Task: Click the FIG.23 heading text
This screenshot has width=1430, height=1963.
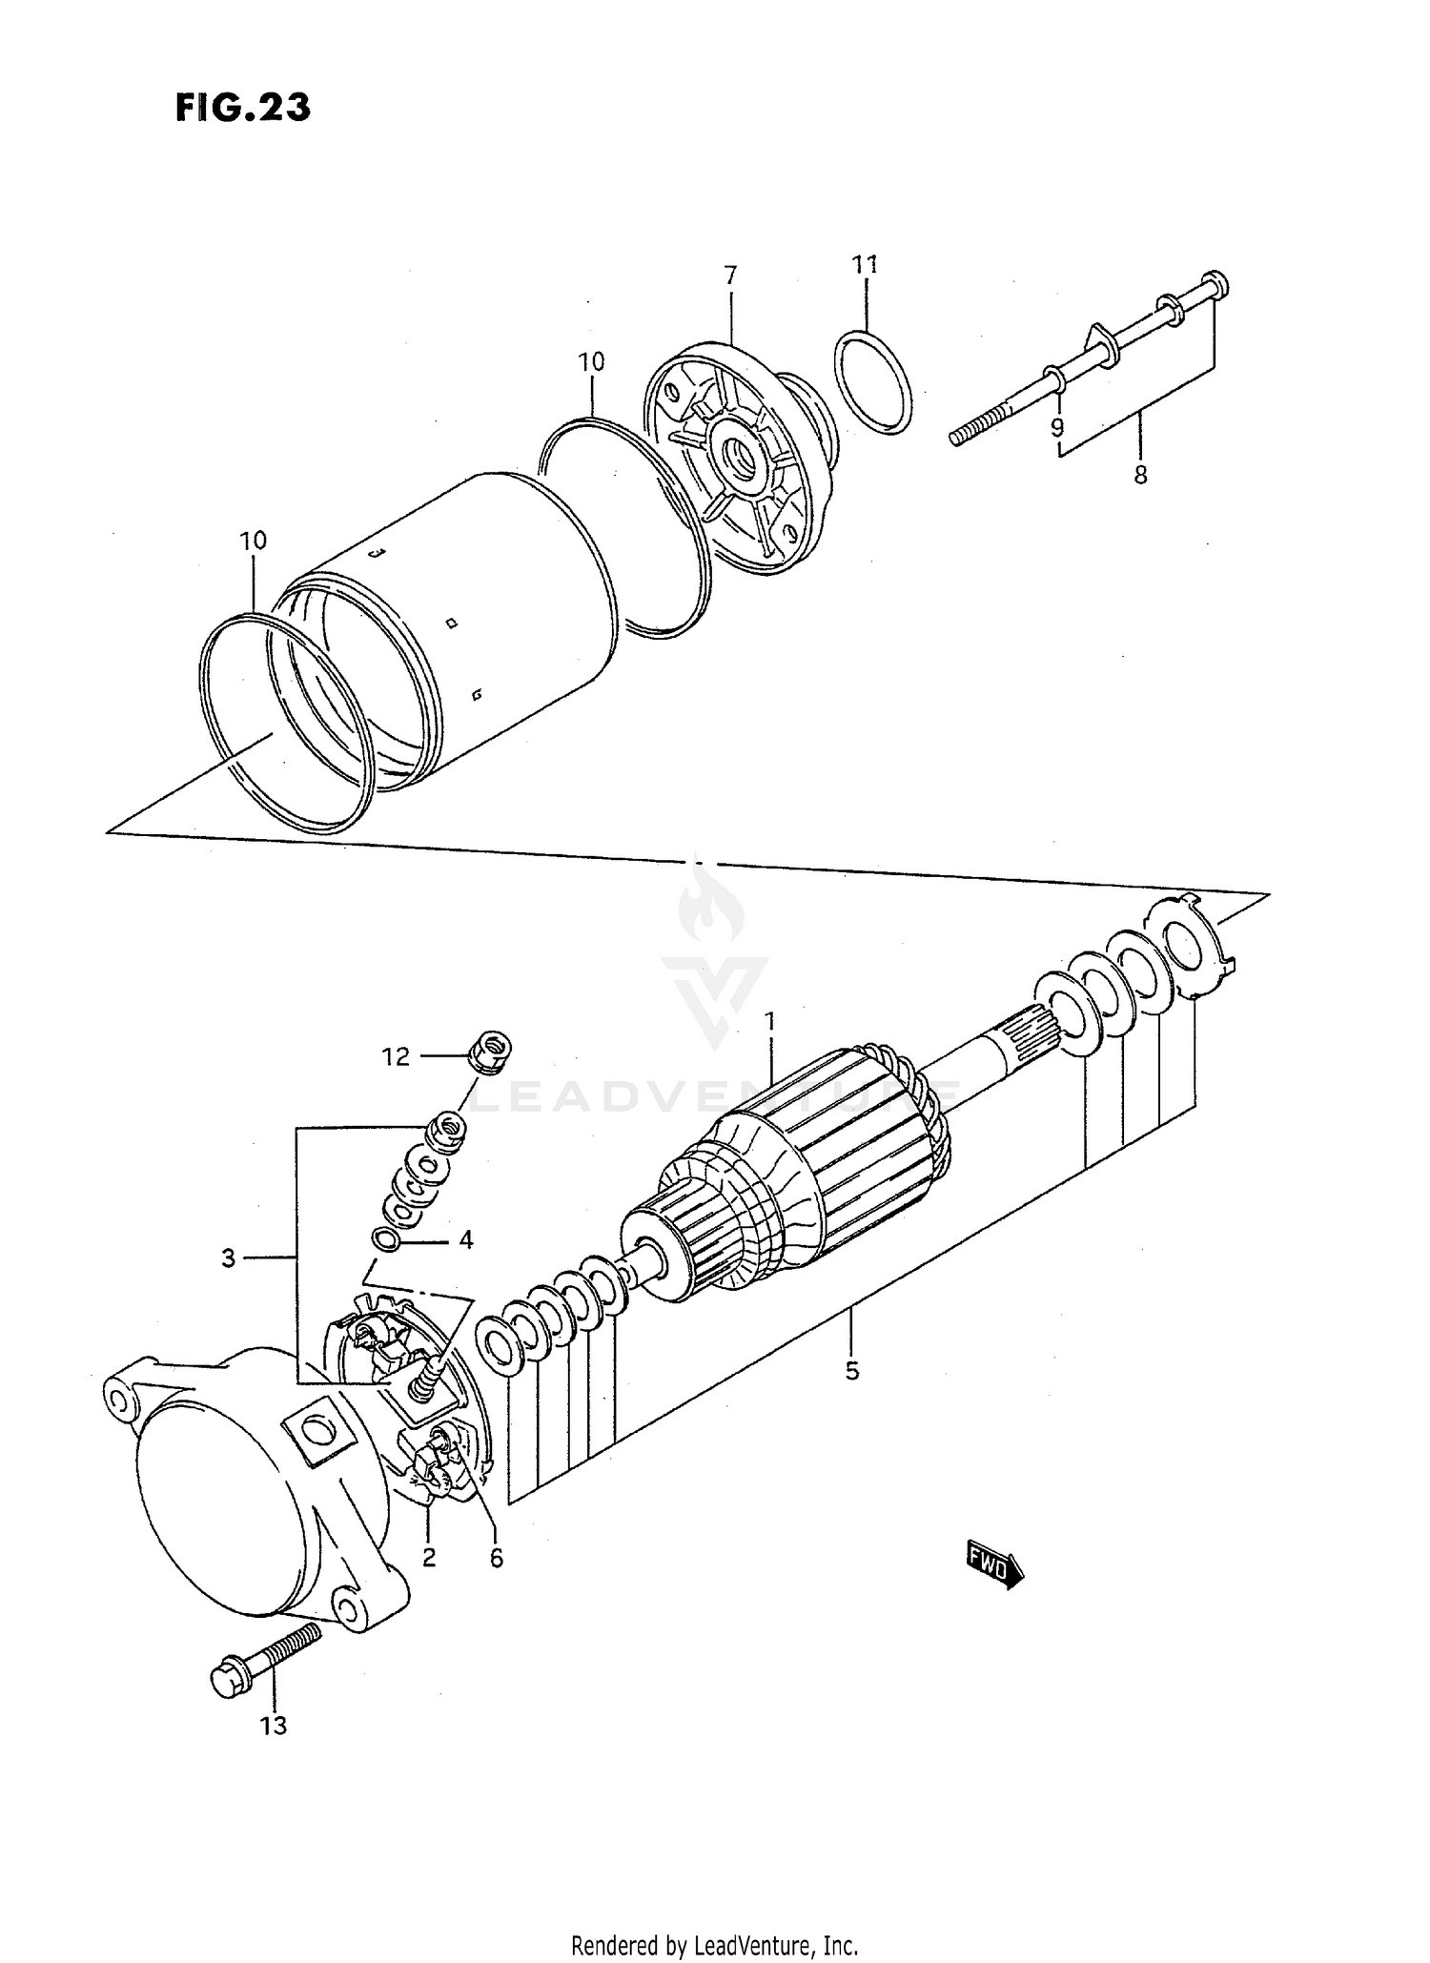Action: [x=242, y=108]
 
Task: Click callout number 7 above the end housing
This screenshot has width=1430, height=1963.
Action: [x=730, y=276]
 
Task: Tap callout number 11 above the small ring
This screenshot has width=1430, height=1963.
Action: [x=865, y=264]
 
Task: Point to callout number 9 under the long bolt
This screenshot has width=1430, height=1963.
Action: [x=1057, y=428]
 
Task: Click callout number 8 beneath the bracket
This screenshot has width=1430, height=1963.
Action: [x=1140, y=474]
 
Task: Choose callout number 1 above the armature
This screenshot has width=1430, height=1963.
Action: [x=770, y=1022]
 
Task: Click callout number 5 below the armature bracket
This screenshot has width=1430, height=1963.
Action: [x=851, y=1371]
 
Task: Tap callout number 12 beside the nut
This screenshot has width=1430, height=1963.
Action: [x=396, y=1056]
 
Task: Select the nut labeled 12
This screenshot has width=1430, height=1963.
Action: [x=491, y=1052]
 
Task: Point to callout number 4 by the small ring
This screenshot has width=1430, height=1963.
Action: [x=465, y=1239]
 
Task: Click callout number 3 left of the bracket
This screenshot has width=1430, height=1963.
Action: [x=228, y=1258]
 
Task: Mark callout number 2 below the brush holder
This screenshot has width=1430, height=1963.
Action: [x=429, y=1557]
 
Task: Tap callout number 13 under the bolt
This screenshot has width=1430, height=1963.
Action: [x=273, y=1725]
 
